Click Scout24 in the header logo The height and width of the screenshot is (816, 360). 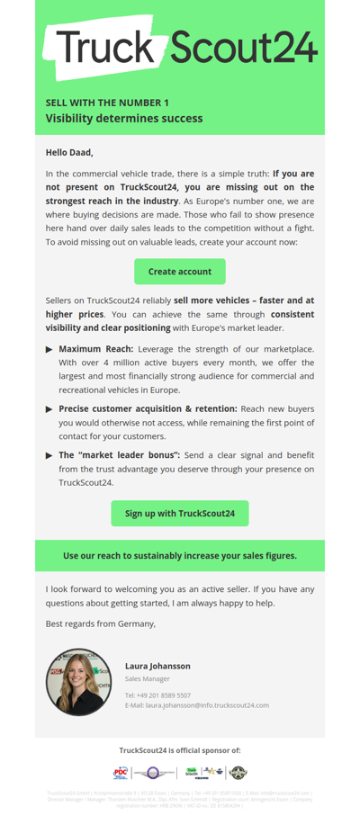click(x=243, y=48)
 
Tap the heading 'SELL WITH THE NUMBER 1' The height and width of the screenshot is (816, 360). click(x=107, y=103)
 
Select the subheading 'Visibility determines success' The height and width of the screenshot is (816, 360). click(x=124, y=118)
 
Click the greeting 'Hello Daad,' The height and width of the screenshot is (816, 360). click(x=69, y=152)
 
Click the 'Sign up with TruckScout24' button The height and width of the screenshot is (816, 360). click(x=180, y=513)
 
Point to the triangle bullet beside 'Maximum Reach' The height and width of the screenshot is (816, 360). click(x=49, y=349)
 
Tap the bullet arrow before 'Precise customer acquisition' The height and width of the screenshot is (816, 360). click(x=49, y=409)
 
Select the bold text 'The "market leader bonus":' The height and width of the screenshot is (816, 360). click(x=109, y=455)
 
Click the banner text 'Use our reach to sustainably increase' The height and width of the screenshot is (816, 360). click(x=180, y=556)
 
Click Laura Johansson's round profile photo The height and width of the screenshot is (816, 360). click(x=79, y=681)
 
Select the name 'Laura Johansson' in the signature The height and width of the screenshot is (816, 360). click(x=157, y=666)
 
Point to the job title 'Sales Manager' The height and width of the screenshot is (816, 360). click(x=147, y=679)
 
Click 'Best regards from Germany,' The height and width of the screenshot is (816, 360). click(x=101, y=623)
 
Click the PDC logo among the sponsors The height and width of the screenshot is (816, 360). click(x=121, y=773)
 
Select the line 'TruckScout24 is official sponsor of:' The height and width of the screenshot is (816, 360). click(x=180, y=750)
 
